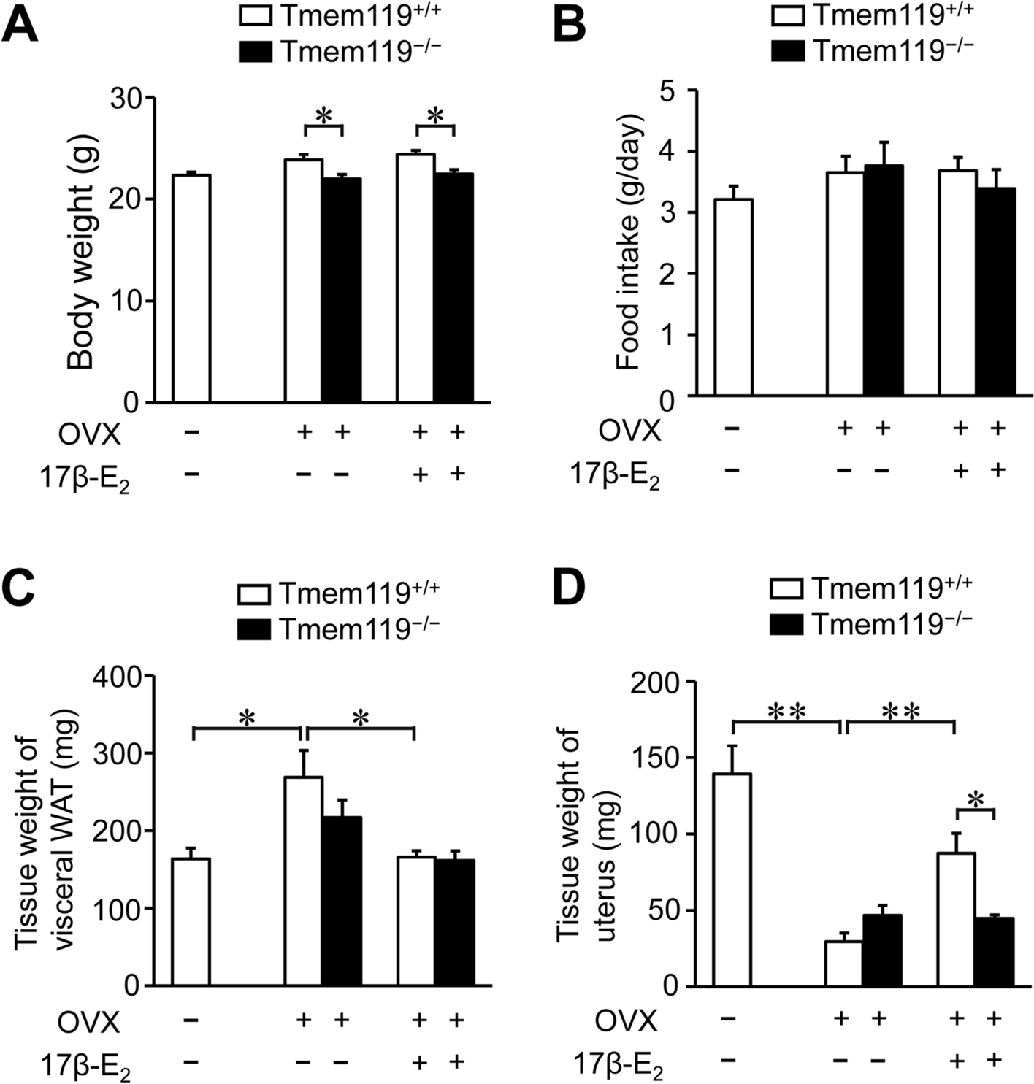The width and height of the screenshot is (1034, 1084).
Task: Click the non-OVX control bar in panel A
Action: (x=191, y=288)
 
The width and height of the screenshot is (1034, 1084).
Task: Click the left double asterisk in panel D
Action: (x=787, y=712)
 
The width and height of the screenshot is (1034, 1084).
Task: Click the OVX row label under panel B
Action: (x=629, y=431)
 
